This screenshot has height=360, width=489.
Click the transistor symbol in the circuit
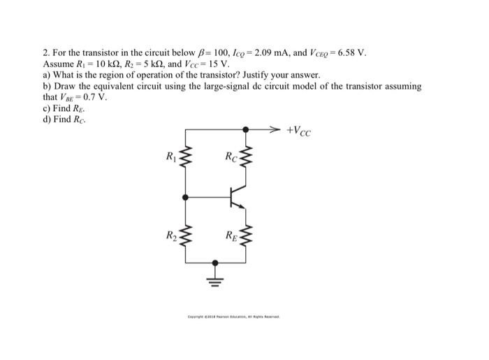(x=237, y=198)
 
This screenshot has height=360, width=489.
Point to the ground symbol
(x=215, y=280)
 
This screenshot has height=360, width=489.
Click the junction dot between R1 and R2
(x=185, y=198)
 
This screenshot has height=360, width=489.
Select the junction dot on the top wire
(x=245, y=129)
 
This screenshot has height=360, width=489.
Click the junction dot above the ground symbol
(x=215, y=262)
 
